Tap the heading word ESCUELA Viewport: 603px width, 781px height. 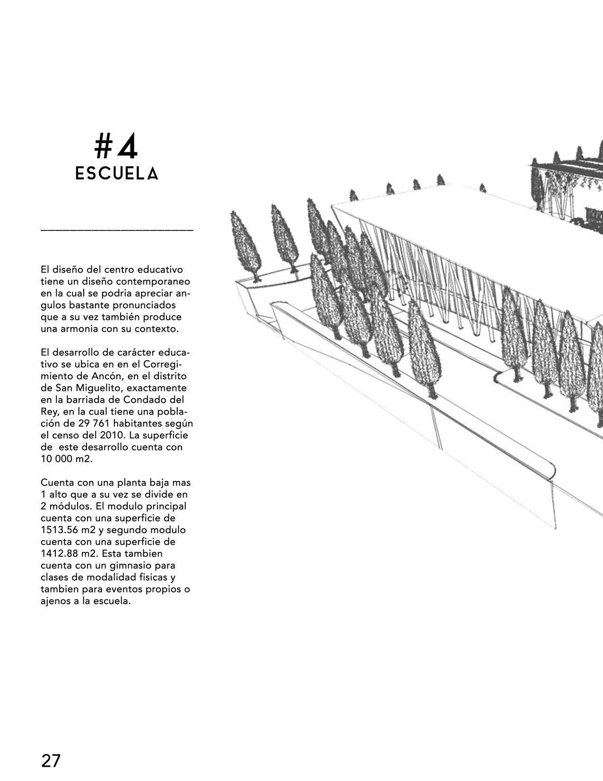click(x=117, y=174)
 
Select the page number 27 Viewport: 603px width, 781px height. click(x=51, y=761)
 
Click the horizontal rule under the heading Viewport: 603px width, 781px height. click(x=117, y=231)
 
